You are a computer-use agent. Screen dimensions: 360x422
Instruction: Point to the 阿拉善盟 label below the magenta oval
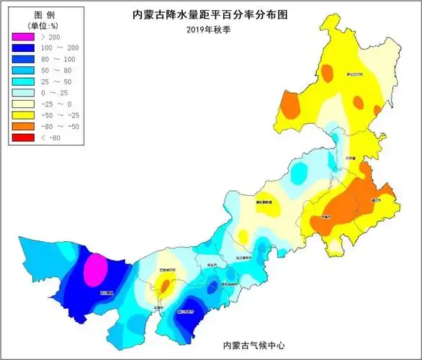click(107, 293)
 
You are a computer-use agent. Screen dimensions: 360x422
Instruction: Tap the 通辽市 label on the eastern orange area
click(374, 199)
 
